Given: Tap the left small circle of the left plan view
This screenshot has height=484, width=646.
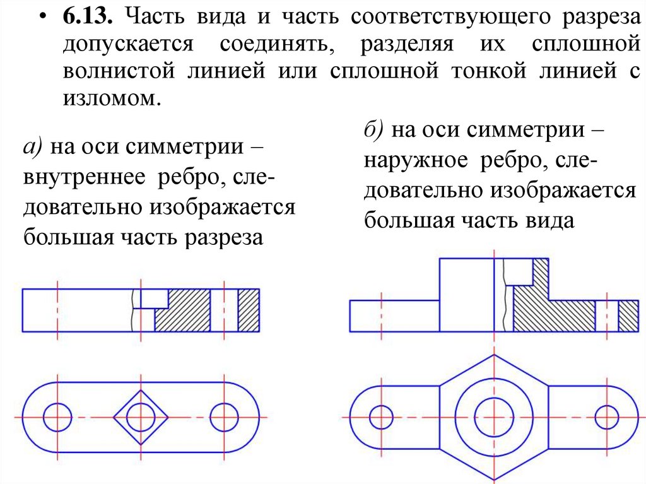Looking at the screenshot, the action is point(57,416).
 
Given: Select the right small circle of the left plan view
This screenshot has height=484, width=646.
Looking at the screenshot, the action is point(224,416).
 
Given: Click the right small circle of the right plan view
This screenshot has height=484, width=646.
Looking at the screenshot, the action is point(607,416).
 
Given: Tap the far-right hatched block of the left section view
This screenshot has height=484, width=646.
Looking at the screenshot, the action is point(249,310).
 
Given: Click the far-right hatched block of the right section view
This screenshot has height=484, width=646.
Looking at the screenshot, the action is point(628,316).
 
